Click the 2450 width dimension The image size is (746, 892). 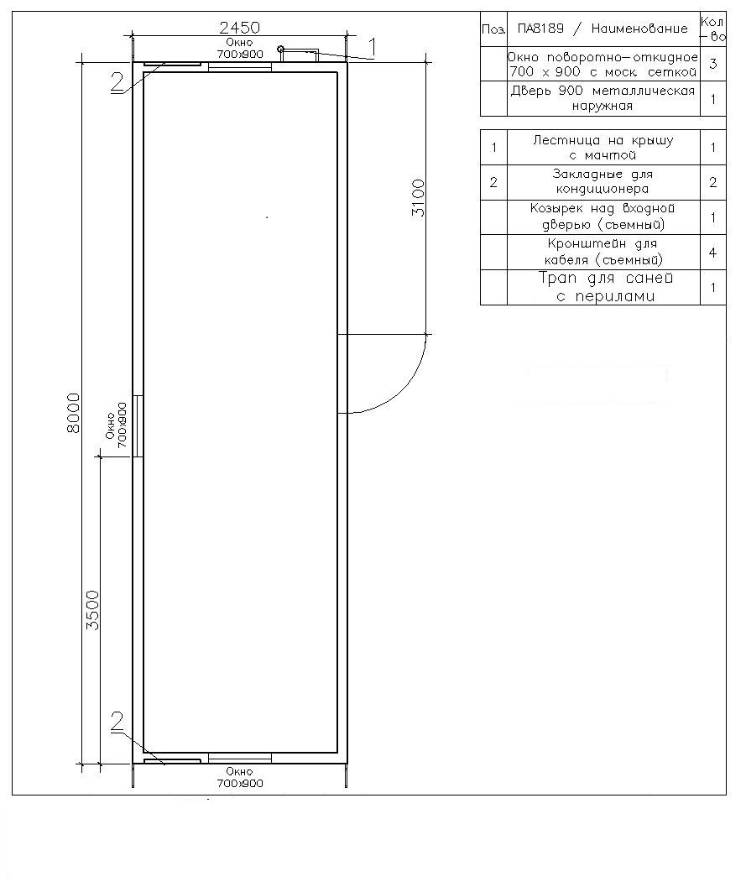pos(239,27)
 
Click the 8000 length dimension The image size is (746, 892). pos(73,413)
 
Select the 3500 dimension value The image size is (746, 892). pos(92,610)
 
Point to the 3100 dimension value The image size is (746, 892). pos(418,198)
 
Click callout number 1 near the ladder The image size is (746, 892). pos(372,49)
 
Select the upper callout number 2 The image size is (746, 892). pos(117,82)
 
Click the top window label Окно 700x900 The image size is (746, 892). pos(239,49)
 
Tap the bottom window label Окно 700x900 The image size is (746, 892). pos(239,778)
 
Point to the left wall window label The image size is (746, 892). pos(116,425)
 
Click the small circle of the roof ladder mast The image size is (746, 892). pos(280,50)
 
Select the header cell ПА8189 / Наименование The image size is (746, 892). pos(603,29)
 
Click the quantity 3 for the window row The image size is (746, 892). pos(713,64)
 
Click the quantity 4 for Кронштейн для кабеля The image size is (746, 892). pos(713,253)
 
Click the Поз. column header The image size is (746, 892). pos(493,29)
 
